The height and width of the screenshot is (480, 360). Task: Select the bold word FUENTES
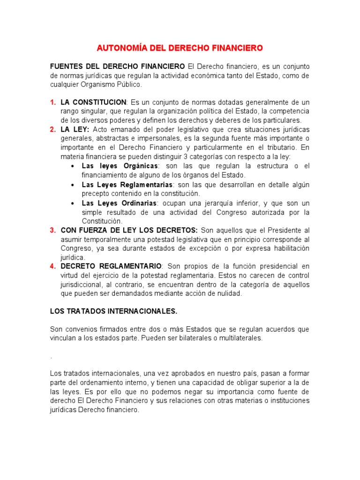(x=66, y=66)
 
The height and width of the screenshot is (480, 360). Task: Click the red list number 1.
(x=52, y=102)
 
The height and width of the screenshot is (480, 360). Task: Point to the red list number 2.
(x=52, y=129)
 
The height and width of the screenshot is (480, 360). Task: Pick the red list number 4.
(x=52, y=266)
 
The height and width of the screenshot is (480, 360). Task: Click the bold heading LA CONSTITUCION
(x=94, y=102)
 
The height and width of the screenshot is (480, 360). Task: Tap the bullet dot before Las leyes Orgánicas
(x=72, y=166)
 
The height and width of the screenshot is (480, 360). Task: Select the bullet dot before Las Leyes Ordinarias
(x=72, y=203)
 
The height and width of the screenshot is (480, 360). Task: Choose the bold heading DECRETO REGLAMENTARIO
(x=111, y=266)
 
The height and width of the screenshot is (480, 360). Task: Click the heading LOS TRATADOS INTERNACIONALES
(x=113, y=311)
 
